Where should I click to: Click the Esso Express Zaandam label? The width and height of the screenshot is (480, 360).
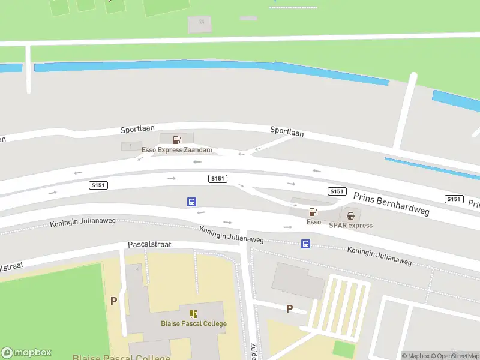coord(177,150)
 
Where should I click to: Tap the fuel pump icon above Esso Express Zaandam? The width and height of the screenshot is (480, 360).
coord(177,140)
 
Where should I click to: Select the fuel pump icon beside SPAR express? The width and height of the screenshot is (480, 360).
coord(313,211)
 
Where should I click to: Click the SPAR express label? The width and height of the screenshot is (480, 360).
coord(350,226)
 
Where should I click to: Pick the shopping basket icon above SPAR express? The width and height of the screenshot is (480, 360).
coord(350,215)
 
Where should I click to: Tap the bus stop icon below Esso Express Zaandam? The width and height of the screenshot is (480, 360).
coord(191,202)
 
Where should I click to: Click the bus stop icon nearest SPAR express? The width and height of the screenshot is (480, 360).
coord(305,244)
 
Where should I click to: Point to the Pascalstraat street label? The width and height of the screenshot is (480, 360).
coord(149,245)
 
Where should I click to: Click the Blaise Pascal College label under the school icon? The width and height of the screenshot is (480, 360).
coord(193,324)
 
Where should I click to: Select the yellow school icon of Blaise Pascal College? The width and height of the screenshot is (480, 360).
coord(193,314)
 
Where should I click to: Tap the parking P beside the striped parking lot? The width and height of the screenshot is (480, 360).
coord(289,309)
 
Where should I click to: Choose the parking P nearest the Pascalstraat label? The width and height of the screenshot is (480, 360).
coord(113,301)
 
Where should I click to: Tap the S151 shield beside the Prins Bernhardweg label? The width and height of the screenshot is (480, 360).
coord(337,191)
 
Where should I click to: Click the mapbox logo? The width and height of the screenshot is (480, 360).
coord(26,353)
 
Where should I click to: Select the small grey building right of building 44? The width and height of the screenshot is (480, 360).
coord(248,18)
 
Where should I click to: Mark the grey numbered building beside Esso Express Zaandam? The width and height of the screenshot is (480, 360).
coord(131,146)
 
